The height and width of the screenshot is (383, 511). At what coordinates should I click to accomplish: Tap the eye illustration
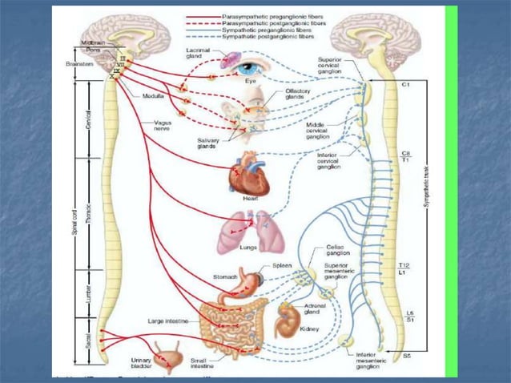[x=247, y=68]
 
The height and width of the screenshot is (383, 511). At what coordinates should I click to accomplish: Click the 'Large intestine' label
[x=168, y=321]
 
